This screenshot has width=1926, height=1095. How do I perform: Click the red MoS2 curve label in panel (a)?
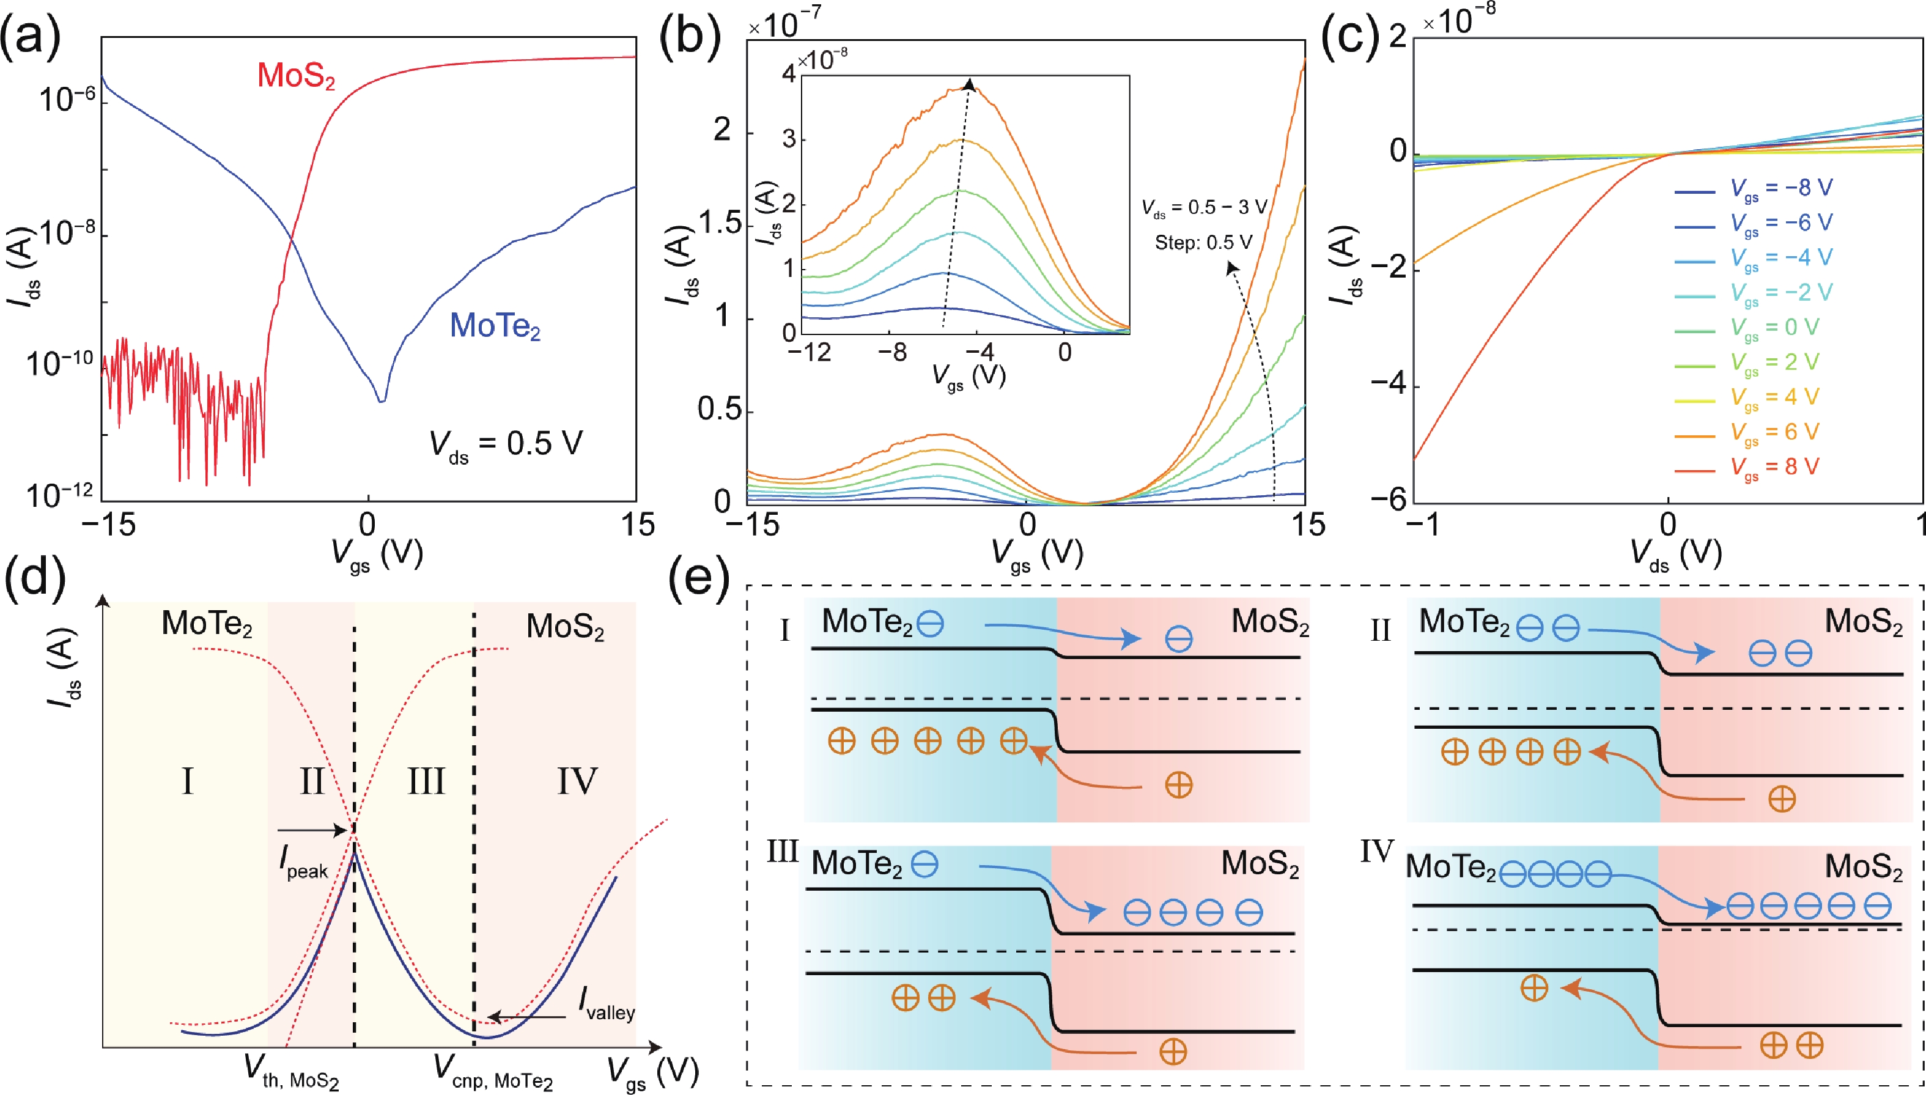(295, 76)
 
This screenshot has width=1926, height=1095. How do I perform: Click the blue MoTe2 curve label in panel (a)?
(495, 326)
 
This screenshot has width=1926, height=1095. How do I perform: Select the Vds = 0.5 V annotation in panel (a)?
(506, 444)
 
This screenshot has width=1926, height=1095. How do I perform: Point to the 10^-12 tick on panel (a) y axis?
(60, 494)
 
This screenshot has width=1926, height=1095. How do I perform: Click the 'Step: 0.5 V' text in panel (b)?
(1203, 243)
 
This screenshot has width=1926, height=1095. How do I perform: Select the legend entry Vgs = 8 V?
(1774, 467)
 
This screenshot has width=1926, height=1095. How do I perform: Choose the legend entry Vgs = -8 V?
(1781, 188)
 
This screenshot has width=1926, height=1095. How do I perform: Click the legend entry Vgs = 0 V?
(1774, 327)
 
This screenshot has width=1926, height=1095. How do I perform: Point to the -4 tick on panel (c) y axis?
(1387, 385)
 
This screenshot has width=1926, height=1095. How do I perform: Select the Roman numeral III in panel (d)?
(426, 781)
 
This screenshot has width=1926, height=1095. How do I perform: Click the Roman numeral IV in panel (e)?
(1376, 852)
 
